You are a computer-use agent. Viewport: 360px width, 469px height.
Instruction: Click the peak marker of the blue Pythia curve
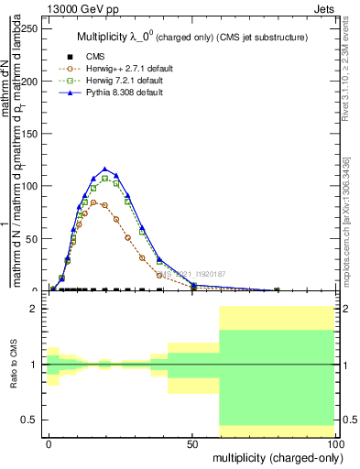pyautogui.click(x=105, y=169)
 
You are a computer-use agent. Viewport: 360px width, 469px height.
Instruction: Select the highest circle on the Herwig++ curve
pyautogui.click(x=93, y=202)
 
